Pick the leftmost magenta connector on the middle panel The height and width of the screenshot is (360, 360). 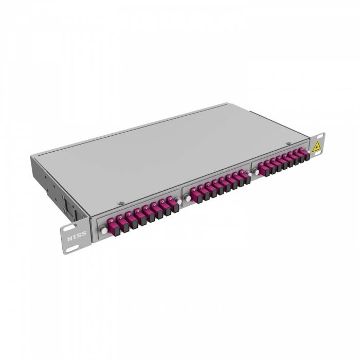pos(194,192)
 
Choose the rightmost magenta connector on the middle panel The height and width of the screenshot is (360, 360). pos(243,176)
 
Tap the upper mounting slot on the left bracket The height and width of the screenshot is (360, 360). pos(66,229)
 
